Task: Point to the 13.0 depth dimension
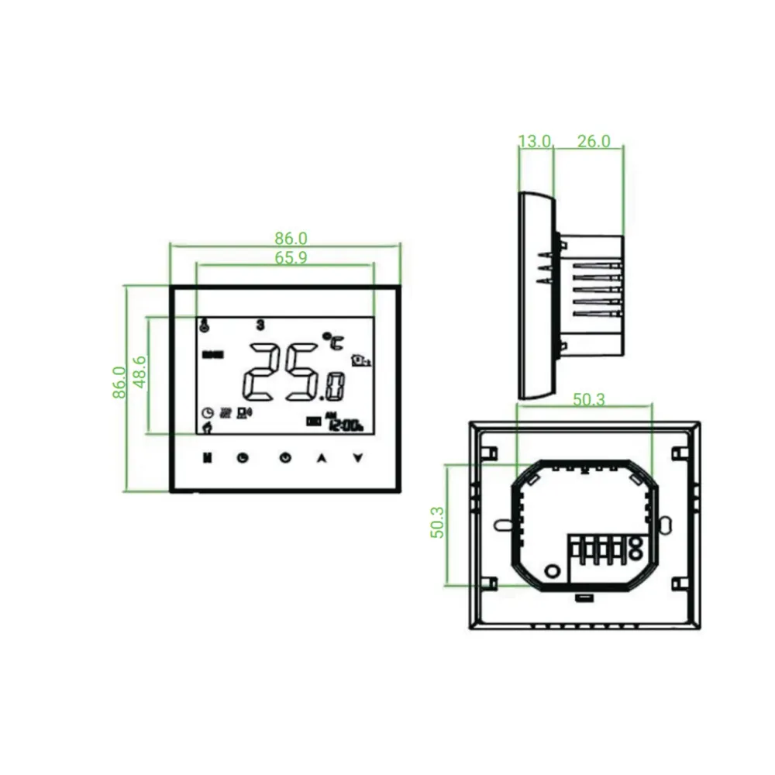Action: (x=534, y=141)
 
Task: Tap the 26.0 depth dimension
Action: (x=594, y=141)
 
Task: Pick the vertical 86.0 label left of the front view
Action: (x=119, y=382)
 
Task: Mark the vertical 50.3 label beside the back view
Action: (x=437, y=523)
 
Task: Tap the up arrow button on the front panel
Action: (x=321, y=457)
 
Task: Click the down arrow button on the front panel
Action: (x=357, y=457)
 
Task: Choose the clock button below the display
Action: (x=243, y=457)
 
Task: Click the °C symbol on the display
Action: (x=332, y=339)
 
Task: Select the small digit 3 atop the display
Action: (x=260, y=324)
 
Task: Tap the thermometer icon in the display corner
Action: (x=204, y=325)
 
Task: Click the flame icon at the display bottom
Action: (x=206, y=425)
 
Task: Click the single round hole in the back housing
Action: (x=552, y=571)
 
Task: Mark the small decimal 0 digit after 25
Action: (x=335, y=385)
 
